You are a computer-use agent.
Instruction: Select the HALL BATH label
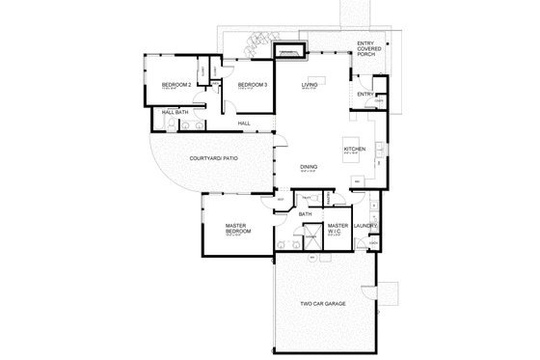(175, 113)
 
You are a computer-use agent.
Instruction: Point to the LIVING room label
(310, 86)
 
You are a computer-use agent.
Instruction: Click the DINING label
(310, 165)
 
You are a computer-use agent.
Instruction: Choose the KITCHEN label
(354, 150)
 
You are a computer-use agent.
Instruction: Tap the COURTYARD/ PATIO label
(213, 156)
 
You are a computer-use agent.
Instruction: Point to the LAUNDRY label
(364, 226)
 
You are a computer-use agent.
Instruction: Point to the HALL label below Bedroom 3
(244, 123)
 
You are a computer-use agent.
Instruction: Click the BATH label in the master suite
(305, 214)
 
